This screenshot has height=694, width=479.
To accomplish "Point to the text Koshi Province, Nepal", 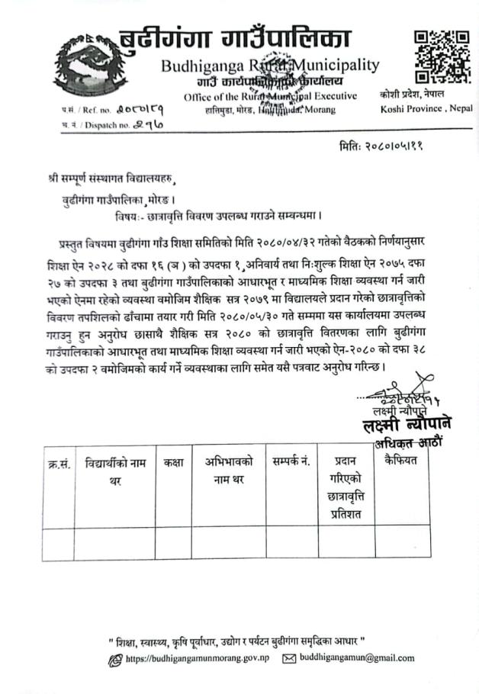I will click(426, 108).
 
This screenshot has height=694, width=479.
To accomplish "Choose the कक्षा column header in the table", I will click(173, 461).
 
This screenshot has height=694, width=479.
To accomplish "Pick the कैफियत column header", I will click(403, 461).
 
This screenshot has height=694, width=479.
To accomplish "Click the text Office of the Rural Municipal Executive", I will click(270, 96).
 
